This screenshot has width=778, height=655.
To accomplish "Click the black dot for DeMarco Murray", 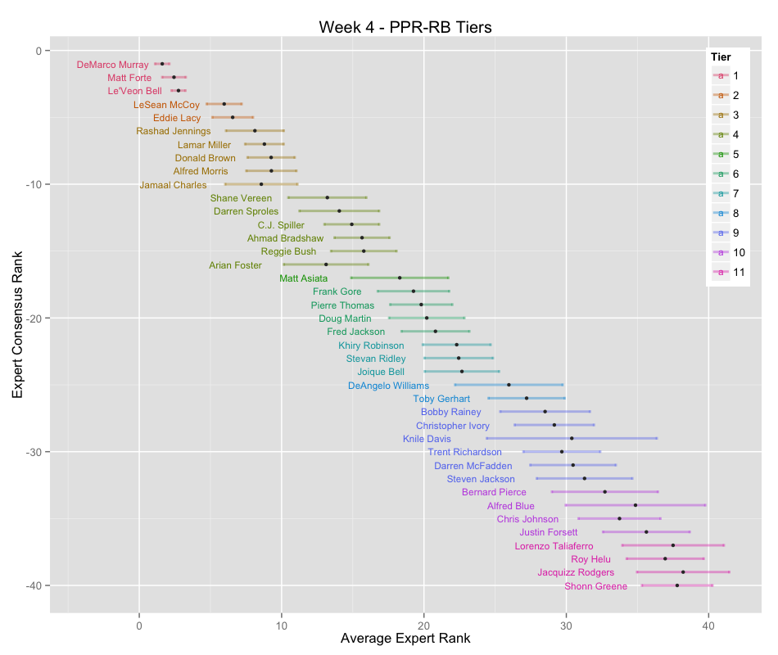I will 162,64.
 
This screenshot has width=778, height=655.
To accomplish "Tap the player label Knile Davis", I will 427,439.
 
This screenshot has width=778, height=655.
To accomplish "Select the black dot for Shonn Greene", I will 677,585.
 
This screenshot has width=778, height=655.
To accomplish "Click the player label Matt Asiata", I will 303,278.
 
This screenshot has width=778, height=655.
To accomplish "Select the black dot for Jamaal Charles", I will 261,184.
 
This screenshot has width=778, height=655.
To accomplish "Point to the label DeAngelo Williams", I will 388,386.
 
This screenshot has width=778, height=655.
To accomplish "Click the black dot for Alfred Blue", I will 635,505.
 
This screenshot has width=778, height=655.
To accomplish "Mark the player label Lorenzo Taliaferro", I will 565,546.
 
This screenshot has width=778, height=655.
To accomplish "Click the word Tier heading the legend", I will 721,57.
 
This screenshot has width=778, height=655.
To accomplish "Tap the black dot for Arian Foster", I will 326,264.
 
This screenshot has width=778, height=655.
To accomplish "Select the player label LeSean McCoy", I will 166,105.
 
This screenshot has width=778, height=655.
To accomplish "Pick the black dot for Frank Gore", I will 413,291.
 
